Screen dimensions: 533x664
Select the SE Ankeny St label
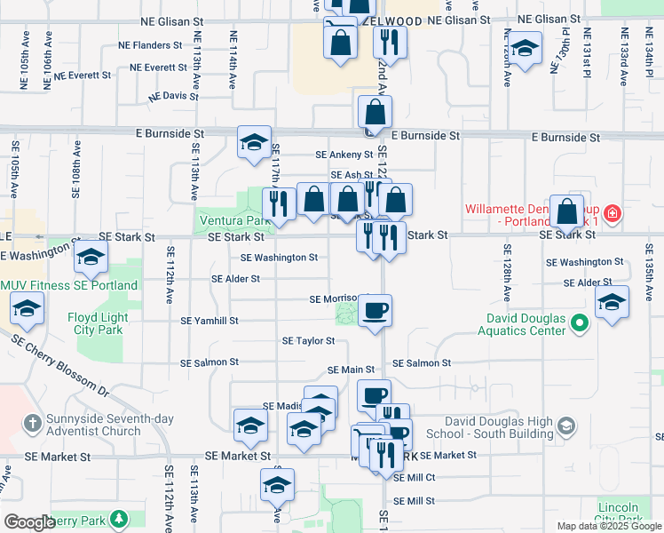(x=344, y=154)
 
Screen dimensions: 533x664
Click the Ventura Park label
(x=232, y=220)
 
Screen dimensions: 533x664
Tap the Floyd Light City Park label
(x=98, y=323)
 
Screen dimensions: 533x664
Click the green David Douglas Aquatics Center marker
(x=581, y=324)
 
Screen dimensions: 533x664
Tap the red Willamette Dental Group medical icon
(x=612, y=213)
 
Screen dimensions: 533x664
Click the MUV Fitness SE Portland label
(x=69, y=285)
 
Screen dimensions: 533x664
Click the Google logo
(x=29, y=521)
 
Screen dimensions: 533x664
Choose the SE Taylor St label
(x=308, y=340)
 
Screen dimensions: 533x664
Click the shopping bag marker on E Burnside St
(x=375, y=112)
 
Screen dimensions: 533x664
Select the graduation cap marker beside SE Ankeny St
(x=254, y=142)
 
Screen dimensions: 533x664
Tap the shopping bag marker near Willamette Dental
(x=567, y=211)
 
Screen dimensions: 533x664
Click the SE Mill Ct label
(x=415, y=477)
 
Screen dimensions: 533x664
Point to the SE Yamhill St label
(x=209, y=321)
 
